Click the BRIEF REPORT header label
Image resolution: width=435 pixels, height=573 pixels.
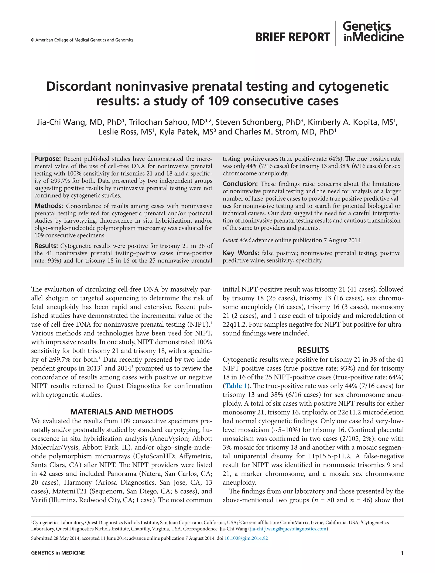click(x=292, y=37)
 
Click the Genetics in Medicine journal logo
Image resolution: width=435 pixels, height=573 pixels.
click(x=373, y=32)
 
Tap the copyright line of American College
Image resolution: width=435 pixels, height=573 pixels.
click(x=82, y=40)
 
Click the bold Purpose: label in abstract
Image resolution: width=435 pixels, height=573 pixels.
click(x=47, y=159)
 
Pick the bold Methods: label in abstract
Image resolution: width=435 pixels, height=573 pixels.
click(x=49, y=206)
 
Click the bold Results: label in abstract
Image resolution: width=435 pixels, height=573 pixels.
click(x=46, y=246)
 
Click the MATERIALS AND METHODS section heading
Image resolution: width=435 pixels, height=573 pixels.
click(x=121, y=412)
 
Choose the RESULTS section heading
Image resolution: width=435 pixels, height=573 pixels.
click(x=313, y=350)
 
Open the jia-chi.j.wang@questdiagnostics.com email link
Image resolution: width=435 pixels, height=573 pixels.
click(x=288, y=529)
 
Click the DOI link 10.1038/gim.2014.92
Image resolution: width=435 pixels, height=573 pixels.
click(x=246, y=538)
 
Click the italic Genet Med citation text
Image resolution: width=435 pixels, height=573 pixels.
click(x=236, y=240)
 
